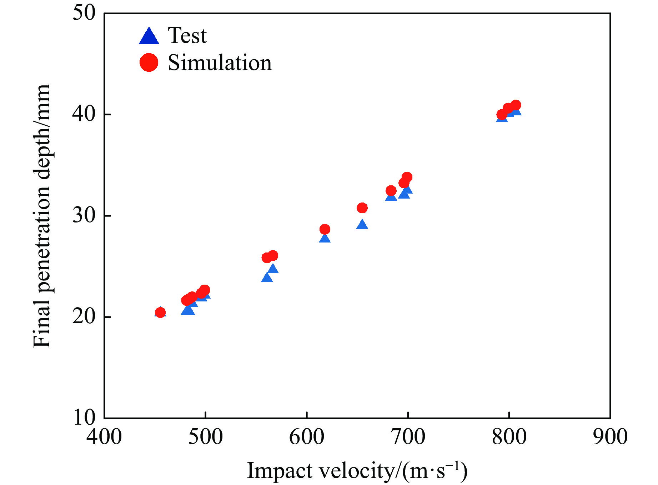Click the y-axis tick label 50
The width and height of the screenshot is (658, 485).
pyautogui.click(x=84, y=13)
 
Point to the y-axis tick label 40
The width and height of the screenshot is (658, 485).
pyautogui.click(x=84, y=114)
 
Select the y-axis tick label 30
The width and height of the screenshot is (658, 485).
pyautogui.click(x=84, y=216)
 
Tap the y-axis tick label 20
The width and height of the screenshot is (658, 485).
pyautogui.click(x=84, y=317)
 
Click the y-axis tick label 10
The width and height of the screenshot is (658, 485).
pyautogui.click(x=84, y=417)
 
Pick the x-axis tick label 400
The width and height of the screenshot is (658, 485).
pyautogui.click(x=104, y=437)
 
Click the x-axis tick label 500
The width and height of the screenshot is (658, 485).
pyautogui.click(x=206, y=437)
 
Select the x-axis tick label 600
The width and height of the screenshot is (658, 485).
pyautogui.click(x=307, y=437)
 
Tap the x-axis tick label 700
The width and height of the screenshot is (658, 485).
pyautogui.click(x=408, y=437)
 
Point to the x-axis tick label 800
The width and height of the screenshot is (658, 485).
pyautogui.click(x=509, y=437)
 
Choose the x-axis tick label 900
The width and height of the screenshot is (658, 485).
pyautogui.click(x=610, y=437)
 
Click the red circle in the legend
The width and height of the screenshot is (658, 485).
pyautogui.click(x=149, y=62)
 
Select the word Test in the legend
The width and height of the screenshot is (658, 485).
pyautogui.click(x=187, y=36)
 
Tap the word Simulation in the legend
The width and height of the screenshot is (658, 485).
pyautogui.click(x=220, y=63)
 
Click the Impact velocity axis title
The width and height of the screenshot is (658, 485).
pyautogui.click(x=357, y=471)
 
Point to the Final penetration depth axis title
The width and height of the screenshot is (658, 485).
pyautogui.click(x=42, y=216)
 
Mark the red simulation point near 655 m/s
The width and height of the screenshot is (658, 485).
pyautogui.click(x=362, y=208)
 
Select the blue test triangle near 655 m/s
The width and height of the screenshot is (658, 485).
pyautogui.click(x=362, y=225)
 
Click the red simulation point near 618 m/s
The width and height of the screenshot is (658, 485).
pyautogui.click(x=325, y=229)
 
